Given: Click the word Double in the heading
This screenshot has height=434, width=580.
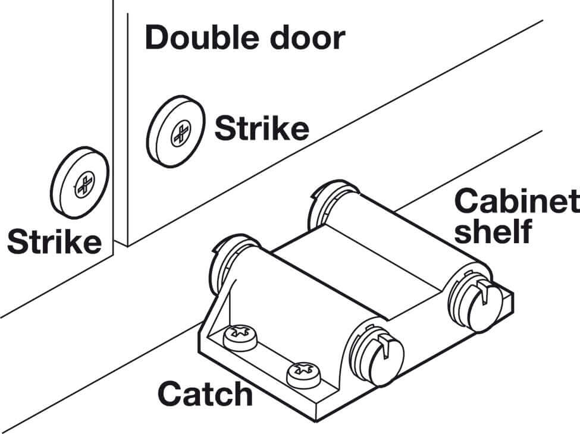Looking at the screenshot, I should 200,37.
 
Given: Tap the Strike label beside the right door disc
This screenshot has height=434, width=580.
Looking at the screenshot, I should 262,128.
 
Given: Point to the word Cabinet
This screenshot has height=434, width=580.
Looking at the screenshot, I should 516,203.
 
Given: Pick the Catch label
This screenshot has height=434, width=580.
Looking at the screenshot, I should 205,393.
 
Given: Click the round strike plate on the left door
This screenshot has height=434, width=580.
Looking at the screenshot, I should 79,180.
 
